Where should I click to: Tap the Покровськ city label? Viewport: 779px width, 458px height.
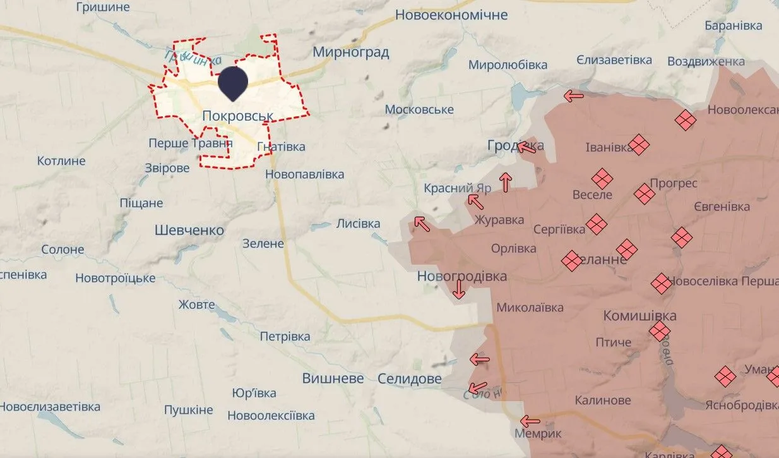[238, 116]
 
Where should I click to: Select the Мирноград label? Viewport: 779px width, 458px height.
[350, 52]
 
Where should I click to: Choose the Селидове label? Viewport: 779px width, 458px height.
[410, 379]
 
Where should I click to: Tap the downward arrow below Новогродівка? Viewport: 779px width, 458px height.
[459, 289]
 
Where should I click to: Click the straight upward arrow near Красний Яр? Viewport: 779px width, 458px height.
[505, 182]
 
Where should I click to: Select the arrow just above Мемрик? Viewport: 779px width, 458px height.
[530, 421]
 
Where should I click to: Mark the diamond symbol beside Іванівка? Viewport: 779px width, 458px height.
[639, 145]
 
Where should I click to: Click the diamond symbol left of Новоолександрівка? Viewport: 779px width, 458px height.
[685, 119]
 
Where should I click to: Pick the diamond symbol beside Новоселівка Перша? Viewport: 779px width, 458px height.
[661, 284]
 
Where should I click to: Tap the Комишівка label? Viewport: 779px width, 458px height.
[640, 316]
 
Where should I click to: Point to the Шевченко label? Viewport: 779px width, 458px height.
[189, 231]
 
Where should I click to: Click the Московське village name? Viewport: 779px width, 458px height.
[419, 110]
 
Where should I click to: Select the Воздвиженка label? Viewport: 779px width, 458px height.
[706, 61]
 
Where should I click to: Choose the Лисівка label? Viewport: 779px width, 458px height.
[358, 224]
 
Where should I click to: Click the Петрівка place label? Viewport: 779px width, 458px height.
[285, 337]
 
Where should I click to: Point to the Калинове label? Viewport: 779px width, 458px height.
[602, 401]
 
